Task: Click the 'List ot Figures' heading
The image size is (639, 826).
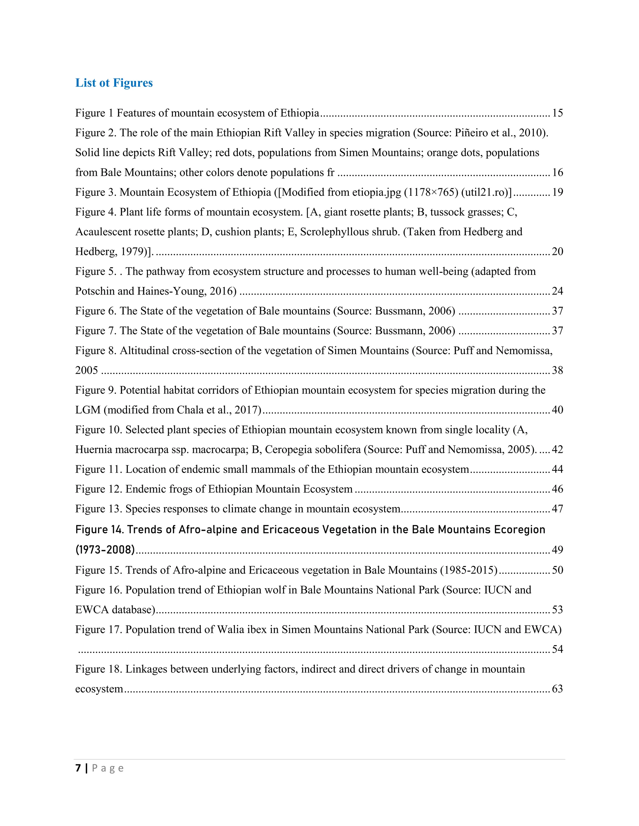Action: pos(114,83)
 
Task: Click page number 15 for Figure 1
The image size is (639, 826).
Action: pos(557,113)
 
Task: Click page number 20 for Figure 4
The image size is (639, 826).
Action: pos(557,252)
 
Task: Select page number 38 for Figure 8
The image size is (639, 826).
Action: pos(557,370)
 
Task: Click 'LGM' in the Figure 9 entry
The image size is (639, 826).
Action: pos(88,410)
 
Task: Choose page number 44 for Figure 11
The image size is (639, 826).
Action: pos(557,469)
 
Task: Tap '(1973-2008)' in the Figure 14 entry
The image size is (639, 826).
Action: pos(105,550)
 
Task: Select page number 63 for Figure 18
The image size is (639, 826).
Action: pos(557,689)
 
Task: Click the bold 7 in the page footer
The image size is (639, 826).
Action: pos(78,768)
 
